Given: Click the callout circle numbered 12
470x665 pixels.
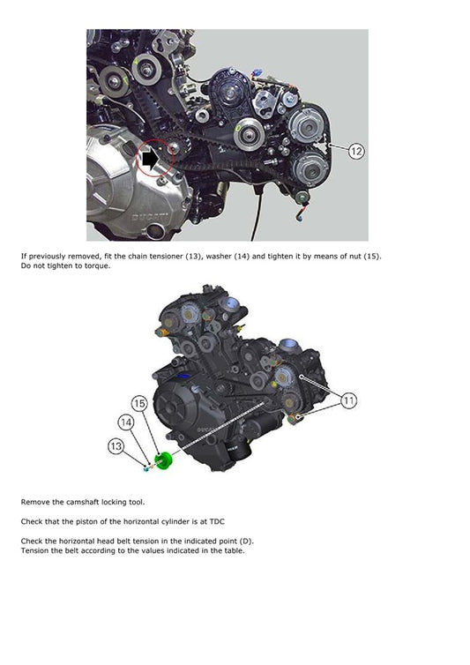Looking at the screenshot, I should [x=355, y=151].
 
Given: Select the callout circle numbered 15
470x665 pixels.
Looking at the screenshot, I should [x=139, y=403].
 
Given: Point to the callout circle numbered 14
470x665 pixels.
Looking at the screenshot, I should [x=128, y=423].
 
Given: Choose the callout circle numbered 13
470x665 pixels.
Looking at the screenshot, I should [x=116, y=446].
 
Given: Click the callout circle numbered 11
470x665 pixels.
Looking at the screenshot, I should [x=349, y=400].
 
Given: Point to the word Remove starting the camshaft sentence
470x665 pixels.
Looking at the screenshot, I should [x=35, y=501].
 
